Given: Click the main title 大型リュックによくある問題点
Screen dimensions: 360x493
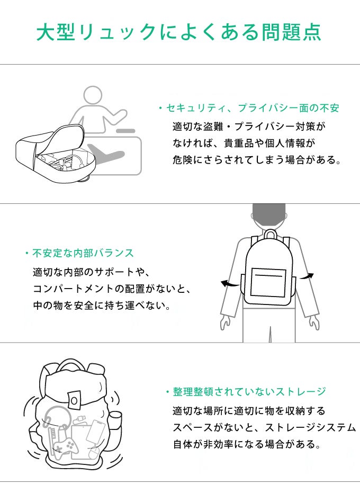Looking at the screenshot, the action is tap(179, 32).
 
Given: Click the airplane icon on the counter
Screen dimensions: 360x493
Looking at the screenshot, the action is tap(106, 153).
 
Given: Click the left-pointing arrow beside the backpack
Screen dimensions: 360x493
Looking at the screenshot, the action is tap(230, 283).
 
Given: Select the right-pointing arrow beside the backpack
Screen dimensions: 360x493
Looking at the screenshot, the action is tap(306, 276).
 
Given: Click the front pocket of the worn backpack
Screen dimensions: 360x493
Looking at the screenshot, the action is tap(268, 283).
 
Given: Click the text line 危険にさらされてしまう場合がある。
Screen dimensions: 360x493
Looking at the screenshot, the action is tap(257, 160).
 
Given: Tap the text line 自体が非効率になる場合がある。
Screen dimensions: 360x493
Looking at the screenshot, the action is tap(247, 444).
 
